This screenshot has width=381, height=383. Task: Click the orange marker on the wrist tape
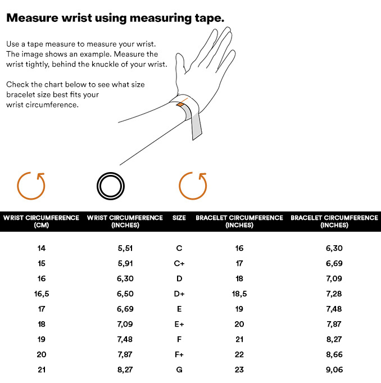tap(180, 105)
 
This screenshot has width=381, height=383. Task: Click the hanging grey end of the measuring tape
tap(197, 124)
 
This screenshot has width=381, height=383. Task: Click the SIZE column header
tap(179, 218)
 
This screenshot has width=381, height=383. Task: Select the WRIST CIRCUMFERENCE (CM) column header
tap(41, 221)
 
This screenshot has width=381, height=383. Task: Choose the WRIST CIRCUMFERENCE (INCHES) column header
tap(125, 221)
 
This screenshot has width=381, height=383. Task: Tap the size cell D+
tap(179, 294)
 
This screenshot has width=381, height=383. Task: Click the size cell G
tap(179, 370)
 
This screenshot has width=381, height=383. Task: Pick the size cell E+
tap(179, 324)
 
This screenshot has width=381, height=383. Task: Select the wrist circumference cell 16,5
tap(42, 294)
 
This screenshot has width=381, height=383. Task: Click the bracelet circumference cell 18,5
tap(239, 294)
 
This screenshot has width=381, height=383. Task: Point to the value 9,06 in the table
tap(334, 370)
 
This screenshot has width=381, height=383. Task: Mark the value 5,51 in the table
tap(125, 249)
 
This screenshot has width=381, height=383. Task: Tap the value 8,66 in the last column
tap(334, 355)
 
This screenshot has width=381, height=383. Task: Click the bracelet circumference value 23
tap(239, 370)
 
